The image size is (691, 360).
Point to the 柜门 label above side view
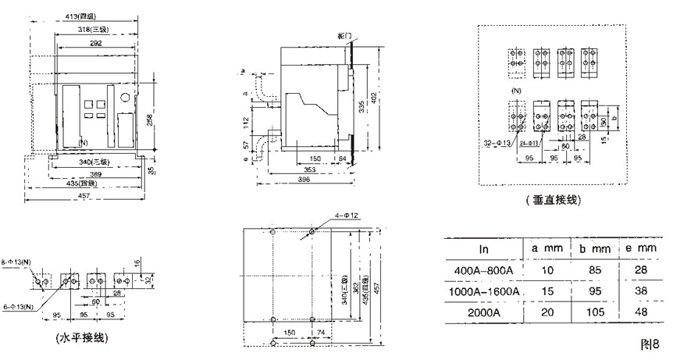[345, 37]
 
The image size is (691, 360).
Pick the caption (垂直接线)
[554, 201]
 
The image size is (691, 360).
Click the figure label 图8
[650, 344]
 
